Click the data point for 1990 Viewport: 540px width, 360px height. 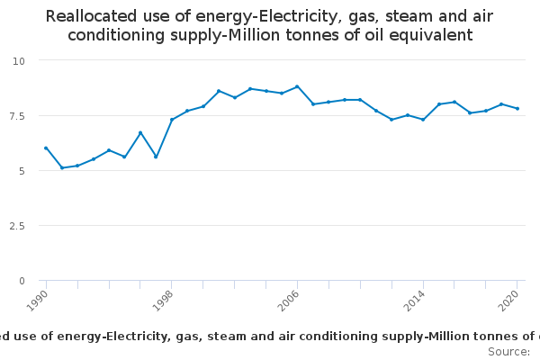(x=46, y=148)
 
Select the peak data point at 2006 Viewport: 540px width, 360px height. (x=297, y=86)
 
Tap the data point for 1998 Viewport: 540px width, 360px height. (x=172, y=120)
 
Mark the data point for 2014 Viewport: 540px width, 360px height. (x=423, y=120)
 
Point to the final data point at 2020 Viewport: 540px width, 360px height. (x=517, y=109)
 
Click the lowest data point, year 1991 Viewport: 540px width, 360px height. (x=62, y=167)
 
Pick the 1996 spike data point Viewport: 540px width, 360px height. (x=140, y=132)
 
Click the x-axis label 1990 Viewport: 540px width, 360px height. (x=37, y=301)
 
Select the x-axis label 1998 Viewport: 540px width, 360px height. (x=163, y=301)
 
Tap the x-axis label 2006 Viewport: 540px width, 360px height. (x=289, y=301)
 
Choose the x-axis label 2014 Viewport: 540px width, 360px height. (x=415, y=301)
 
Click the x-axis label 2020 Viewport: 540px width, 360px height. (x=508, y=301)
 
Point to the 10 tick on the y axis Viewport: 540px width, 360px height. (x=19, y=61)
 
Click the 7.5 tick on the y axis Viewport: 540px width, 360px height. (x=17, y=116)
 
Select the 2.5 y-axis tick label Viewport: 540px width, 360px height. (x=17, y=226)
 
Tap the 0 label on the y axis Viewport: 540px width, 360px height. (x=22, y=281)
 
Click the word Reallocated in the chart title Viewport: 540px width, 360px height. (x=91, y=16)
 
